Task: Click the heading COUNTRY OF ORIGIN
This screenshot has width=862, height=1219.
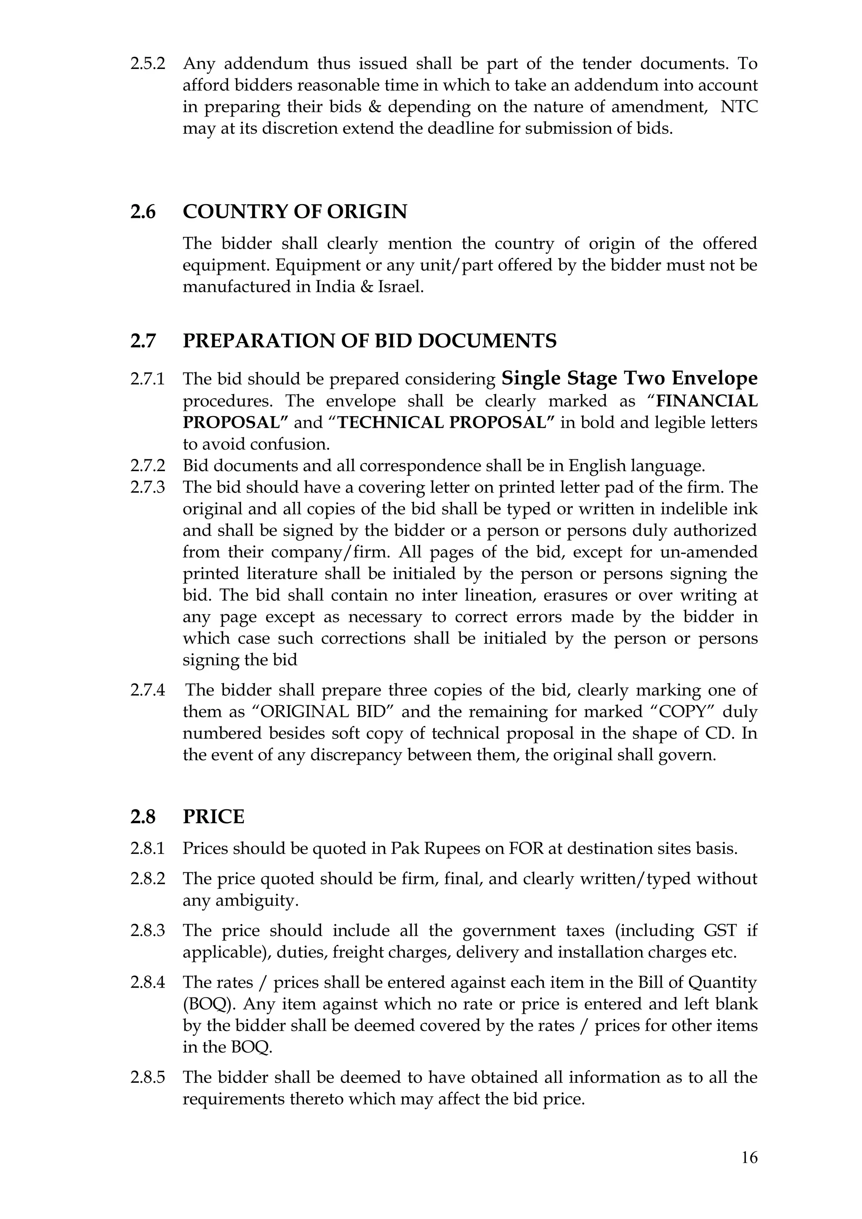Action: [295, 212]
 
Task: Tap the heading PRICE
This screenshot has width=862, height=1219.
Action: [213, 816]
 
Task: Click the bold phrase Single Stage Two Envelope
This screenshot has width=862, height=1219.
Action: [629, 379]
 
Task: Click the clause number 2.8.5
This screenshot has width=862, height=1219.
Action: [147, 1077]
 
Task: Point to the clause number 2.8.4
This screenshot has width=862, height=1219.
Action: [147, 983]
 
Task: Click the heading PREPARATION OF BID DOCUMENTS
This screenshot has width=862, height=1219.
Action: [370, 341]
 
